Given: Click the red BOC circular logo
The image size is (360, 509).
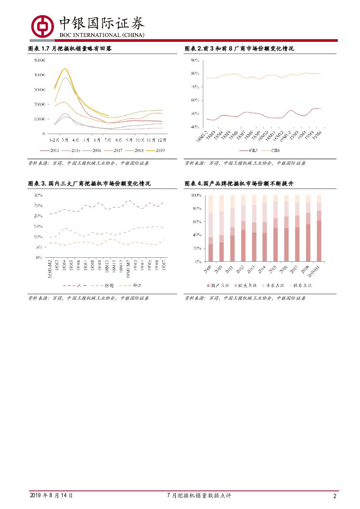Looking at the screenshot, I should [42, 27].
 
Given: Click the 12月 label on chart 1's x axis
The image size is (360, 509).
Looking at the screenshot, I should [161, 140].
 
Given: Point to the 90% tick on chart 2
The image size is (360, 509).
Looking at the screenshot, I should [195, 60].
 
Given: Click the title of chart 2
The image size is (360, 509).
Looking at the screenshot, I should [239, 48].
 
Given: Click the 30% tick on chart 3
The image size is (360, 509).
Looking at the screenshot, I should [38, 195].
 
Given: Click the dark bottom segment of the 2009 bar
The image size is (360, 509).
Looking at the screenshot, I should [211, 253].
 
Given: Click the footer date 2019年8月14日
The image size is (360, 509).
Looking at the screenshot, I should [51, 496].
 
